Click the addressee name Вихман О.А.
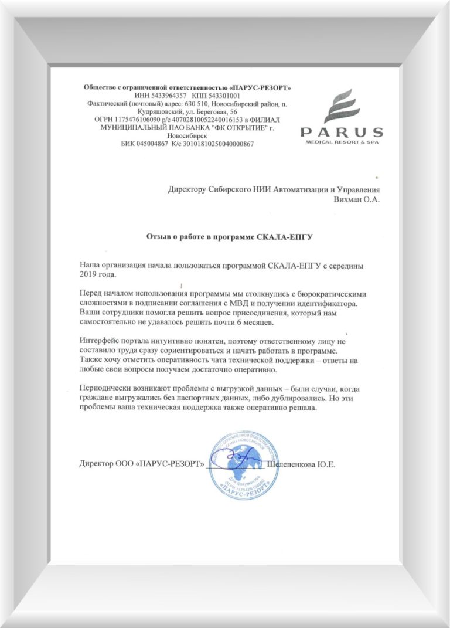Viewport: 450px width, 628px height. tap(356, 199)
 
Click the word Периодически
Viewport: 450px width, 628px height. tap(104, 388)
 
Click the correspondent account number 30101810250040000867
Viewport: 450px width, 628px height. tap(217, 144)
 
